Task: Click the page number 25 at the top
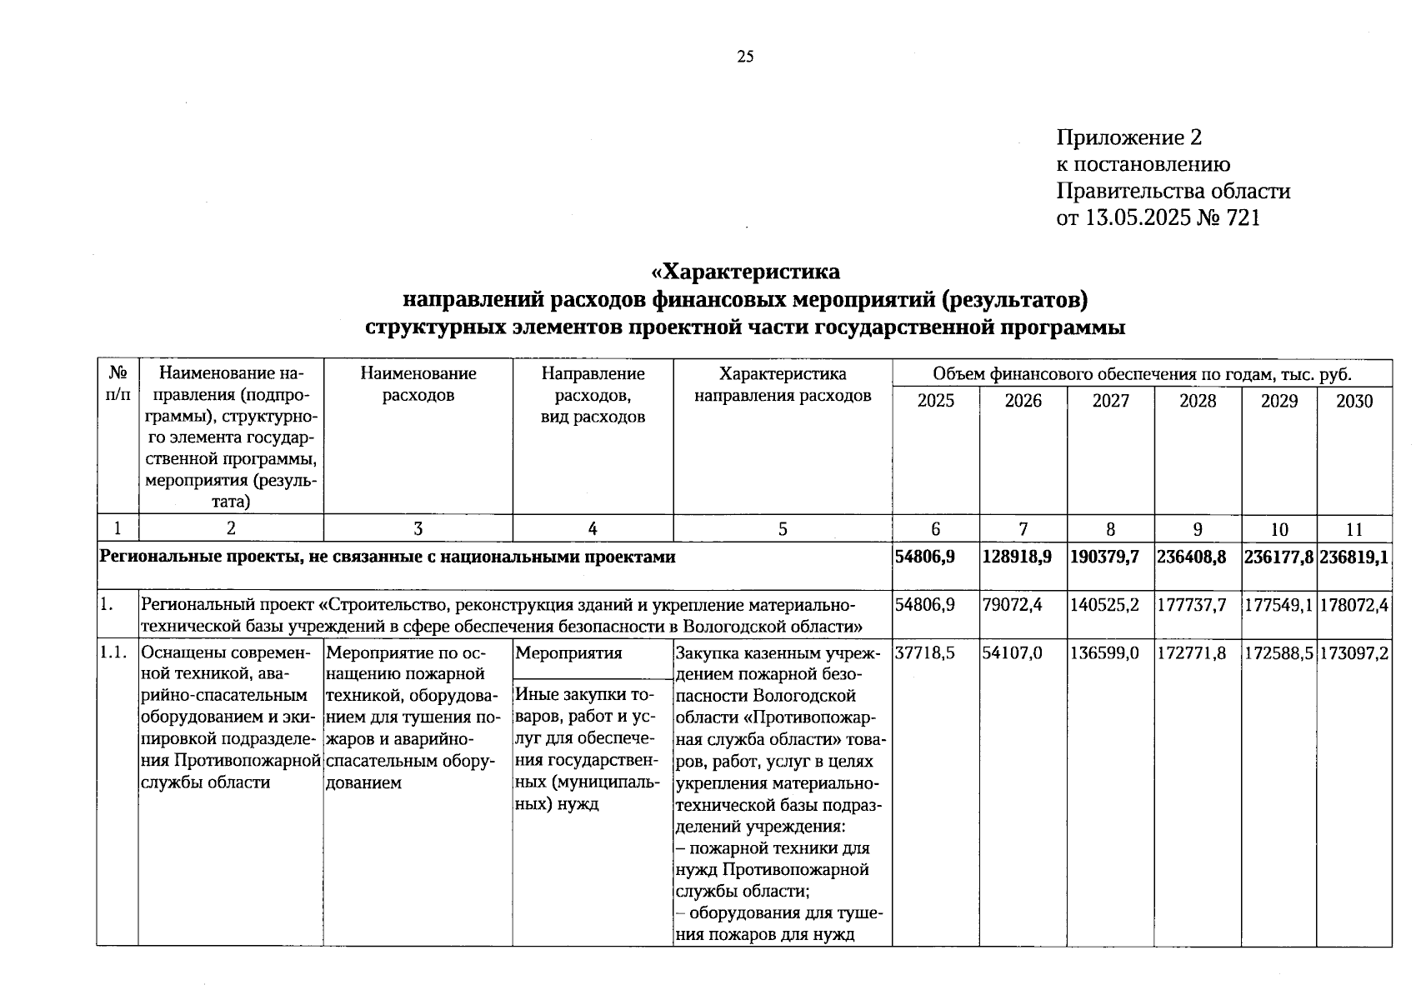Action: point(745,57)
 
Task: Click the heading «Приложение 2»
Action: point(1128,137)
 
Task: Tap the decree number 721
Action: point(1243,218)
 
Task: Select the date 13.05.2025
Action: point(1140,218)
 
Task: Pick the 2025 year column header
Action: point(935,402)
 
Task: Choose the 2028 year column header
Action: point(1198,402)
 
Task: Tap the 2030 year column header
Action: point(1353,402)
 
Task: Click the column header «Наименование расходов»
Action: point(418,384)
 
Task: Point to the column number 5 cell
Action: point(782,529)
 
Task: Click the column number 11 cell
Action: point(1353,529)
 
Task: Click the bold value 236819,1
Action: point(1353,557)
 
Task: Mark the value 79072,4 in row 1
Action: point(1012,605)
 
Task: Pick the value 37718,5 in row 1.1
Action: point(924,653)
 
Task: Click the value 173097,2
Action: point(1353,653)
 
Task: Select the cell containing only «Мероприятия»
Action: point(568,653)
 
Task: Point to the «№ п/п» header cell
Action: point(118,384)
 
